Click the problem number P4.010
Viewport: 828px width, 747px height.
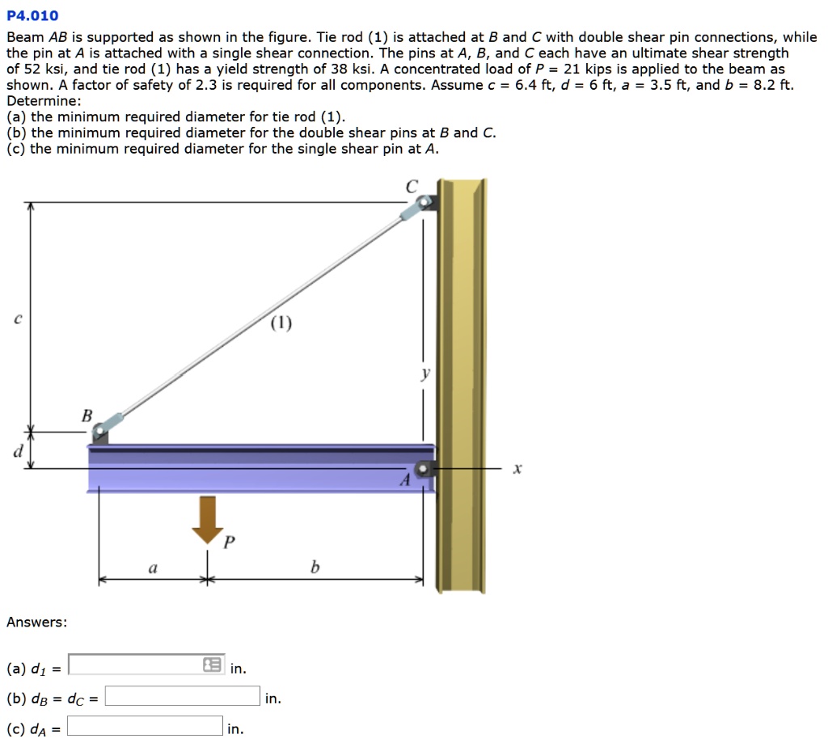click(x=32, y=15)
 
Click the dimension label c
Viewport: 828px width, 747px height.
click(x=16, y=319)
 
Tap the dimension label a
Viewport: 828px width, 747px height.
click(x=153, y=568)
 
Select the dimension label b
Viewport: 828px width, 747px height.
click(x=315, y=568)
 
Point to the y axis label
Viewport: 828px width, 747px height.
click(x=425, y=373)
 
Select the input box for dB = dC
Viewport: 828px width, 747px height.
click(x=183, y=696)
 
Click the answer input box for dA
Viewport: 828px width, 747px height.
click(x=145, y=726)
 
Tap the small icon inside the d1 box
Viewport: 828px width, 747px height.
click(x=212, y=665)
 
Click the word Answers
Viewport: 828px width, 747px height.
click(x=36, y=622)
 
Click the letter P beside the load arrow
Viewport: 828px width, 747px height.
click(x=229, y=542)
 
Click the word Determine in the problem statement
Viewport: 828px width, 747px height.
click(x=42, y=101)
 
